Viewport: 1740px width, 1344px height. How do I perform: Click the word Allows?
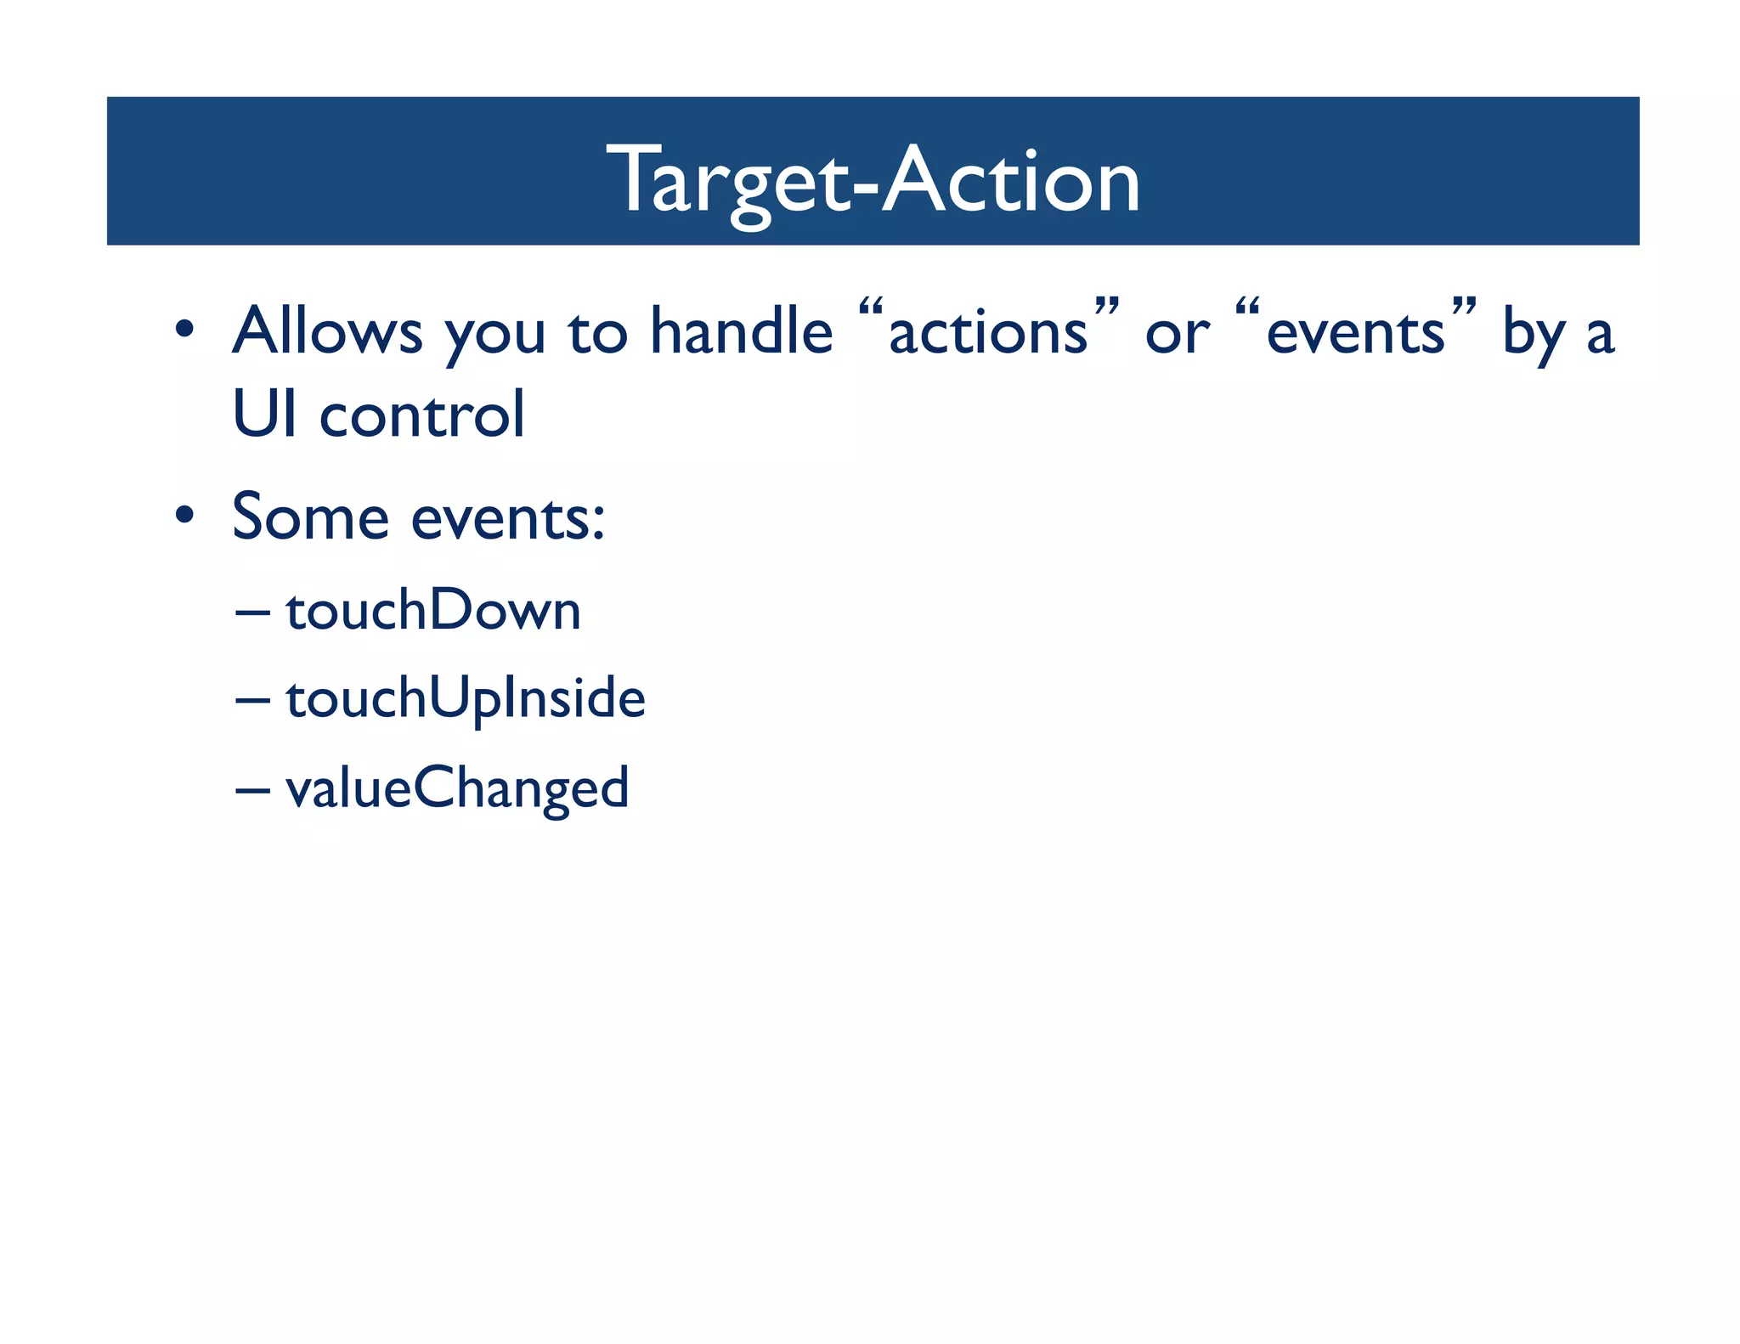(327, 330)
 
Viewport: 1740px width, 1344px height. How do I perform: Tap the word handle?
(741, 330)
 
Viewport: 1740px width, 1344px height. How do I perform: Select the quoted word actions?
(988, 332)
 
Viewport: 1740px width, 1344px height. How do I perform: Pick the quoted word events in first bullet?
(1355, 332)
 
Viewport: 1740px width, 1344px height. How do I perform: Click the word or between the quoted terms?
(1177, 334)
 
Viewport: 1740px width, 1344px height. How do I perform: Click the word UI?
(264, 414)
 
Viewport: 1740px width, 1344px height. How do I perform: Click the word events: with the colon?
(508, 518)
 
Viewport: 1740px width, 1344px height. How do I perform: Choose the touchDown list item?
(433, 610)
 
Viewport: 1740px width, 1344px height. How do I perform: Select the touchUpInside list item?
(466, 698)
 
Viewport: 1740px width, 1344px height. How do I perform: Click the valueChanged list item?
(457, 788)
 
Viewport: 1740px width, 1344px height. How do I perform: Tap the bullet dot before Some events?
(184, 515)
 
